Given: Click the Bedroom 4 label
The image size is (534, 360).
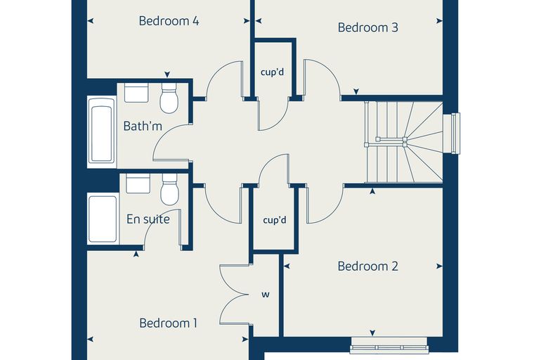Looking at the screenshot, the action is point(169,21).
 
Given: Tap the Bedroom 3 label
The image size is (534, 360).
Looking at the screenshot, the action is point(367,27).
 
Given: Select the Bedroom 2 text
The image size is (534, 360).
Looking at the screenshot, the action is point(367,266).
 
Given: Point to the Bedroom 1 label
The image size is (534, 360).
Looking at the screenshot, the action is point(168,323).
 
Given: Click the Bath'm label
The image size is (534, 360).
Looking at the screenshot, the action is point(143,126).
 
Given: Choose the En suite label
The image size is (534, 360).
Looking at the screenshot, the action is point(148,219).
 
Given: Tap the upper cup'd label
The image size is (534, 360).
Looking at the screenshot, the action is point(272,72).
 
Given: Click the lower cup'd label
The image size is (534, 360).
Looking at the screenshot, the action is point(275,220).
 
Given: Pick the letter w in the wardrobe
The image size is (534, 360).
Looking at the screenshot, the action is point(266,294).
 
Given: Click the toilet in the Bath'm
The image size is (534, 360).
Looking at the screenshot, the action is point(169,98).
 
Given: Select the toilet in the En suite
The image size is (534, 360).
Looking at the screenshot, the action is point(169,189).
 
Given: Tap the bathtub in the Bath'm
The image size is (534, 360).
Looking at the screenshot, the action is point(102,132).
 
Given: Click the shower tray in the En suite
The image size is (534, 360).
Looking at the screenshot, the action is point(103,219).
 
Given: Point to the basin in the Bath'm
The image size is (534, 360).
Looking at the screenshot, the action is point(136,92).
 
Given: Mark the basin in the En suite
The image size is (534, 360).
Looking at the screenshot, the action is point(138,184).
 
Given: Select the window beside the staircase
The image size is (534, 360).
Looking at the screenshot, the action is point(452,134).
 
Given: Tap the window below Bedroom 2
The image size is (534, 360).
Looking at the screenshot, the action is point(389,345).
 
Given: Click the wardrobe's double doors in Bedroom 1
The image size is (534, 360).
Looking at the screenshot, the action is point(234,294).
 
